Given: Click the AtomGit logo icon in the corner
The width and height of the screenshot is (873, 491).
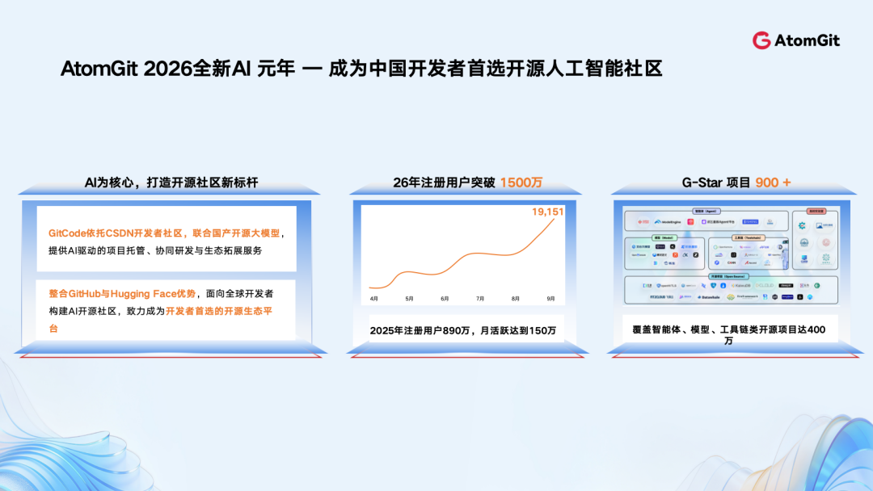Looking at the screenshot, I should (x=761, y=40).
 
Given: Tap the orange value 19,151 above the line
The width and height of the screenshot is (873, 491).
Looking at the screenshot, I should (x=547, y=212).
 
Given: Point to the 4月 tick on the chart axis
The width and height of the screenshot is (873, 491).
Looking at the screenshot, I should (x=373, y=299).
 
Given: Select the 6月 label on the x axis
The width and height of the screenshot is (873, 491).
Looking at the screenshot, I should (x=445, y=299).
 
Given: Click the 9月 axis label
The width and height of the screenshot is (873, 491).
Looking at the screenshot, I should (x=550, y=299).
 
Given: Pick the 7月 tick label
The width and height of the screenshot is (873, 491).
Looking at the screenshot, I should (x=480, y=299).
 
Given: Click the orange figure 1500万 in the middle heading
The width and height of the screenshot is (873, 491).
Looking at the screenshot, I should (x=521, y=183).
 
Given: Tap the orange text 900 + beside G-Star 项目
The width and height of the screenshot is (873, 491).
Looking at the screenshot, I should (x=773, y=183).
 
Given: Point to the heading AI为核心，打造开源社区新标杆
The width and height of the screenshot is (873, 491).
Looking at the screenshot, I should (x=171, y=183).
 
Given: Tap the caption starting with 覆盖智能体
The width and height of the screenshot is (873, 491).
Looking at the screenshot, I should (x=729, y=330).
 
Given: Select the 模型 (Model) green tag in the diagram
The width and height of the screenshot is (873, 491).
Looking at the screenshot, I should (x=664, y=237).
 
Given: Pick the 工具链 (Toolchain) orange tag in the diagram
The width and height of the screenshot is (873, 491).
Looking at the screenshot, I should (x=749, y=237).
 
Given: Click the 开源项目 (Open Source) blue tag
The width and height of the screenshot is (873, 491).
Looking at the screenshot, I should (x=729, y=276).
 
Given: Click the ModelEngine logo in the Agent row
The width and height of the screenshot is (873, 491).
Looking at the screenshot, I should (x=668, y=222).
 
